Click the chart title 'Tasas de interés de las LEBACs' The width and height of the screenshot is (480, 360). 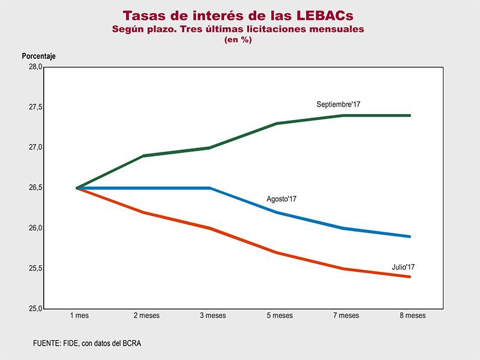pyautogui.click(x=238, y=15)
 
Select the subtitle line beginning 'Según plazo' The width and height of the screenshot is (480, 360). pyautogui.click(x=238, y=29)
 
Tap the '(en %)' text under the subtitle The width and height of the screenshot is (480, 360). pyautogui.click(x=238, y=40)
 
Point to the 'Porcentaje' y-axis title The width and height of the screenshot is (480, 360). pyautogui.click(x=39, y=56)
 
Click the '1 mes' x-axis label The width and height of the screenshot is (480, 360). pyautogui.click(x=78, y=316)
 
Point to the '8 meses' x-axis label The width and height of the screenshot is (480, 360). pyautogui.click(x=410, y=316)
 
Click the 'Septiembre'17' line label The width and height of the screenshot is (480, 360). pyautogui.click(x=338, y=105)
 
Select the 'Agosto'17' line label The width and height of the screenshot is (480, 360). pyautogui.click(x=282, y=199)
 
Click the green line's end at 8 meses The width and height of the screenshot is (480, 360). pyautogui.click(x=410, y=115)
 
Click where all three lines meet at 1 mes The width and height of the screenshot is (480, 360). pyautogui.click(x=78, y=188)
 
